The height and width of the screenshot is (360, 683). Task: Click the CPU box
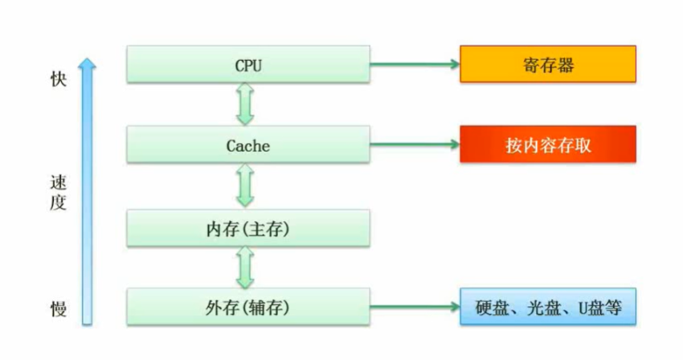[x=248, y=64]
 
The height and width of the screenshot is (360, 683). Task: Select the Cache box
[x=248, y=146]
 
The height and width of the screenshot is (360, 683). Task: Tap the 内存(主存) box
[x=248, y=228]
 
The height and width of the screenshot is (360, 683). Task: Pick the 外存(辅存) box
[x=248, y=307]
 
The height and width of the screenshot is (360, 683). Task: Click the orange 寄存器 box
[x=547, y=64]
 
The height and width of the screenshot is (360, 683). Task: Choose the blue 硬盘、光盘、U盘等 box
[x=547, y=307]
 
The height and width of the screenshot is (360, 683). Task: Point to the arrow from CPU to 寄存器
[x=415, y=64]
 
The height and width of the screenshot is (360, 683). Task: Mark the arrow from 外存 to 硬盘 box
[x=415, y=307]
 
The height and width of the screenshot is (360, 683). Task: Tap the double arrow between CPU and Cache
[x=246, y=105]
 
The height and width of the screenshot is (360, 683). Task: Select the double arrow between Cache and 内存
[x=246, y=186]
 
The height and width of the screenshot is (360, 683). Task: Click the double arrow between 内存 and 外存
[x=246, y=268]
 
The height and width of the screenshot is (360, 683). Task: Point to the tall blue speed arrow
[x=87, y=193]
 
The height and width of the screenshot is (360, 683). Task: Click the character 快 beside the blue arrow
[x=57, y=79]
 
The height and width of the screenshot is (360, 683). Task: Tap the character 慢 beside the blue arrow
[x=57, y=309]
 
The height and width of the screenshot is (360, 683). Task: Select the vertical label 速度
[x=57, y=193]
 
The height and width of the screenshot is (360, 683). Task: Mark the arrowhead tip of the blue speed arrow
[x=87, y=59]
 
